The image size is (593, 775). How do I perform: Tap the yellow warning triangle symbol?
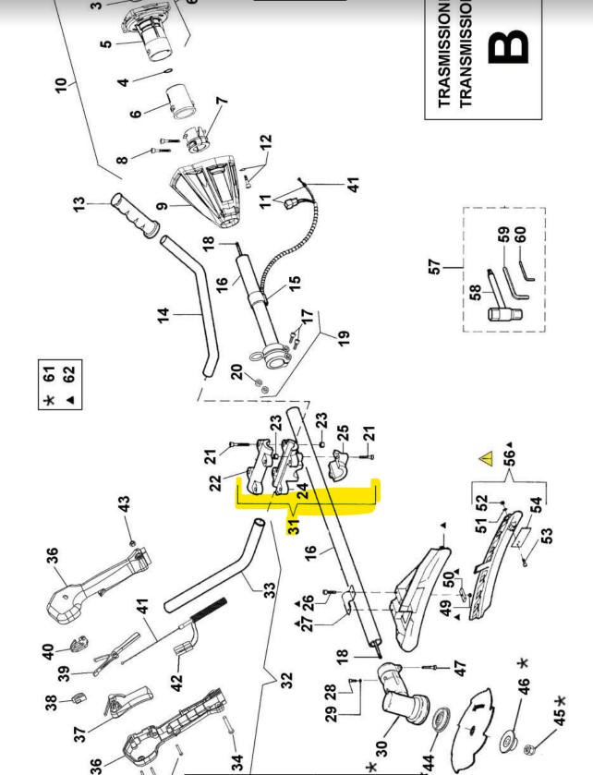point(485,458)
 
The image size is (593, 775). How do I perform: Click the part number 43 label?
point(124,506)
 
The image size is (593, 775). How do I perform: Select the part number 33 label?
point(269,589)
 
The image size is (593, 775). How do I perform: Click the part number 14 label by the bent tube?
point(163,316)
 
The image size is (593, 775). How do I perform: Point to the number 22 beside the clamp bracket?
point(215,483)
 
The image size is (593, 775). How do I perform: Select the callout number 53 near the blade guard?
point(547,535)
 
